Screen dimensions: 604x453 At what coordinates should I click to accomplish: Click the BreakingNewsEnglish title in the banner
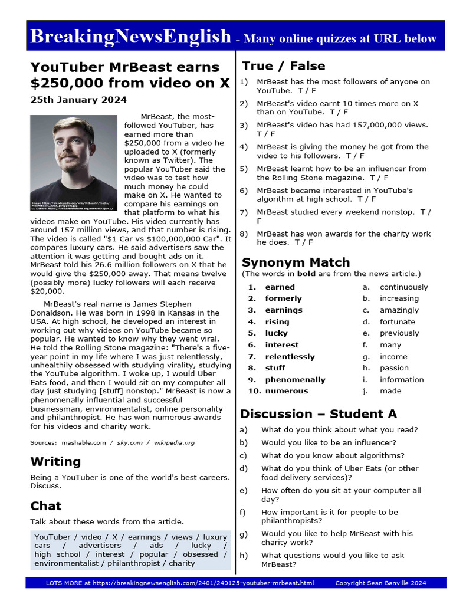[130, 37]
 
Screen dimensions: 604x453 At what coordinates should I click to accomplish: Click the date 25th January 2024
[78, 100]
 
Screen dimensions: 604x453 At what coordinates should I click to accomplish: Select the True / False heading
[283, 66]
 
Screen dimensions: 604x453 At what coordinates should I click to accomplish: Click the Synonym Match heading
[296, 262]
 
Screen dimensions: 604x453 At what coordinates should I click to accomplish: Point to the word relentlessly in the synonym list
[290, 357]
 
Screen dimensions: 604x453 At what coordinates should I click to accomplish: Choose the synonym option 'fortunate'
[397, 322]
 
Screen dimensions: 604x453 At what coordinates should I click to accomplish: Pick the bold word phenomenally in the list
[295, 380]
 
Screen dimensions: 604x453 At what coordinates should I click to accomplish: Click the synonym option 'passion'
[393, 368]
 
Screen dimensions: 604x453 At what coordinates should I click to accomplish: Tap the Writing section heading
[55, 461]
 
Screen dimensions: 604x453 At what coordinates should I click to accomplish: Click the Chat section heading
[46, 505]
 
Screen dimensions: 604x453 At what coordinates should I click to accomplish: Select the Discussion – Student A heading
[319, 413]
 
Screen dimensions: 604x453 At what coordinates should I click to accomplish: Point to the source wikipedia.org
[174, 442]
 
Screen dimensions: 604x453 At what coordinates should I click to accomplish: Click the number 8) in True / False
[244, 234]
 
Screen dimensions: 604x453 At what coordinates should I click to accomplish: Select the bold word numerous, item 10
[286, 391]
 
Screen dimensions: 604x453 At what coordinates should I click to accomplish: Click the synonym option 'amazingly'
[399, 310]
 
